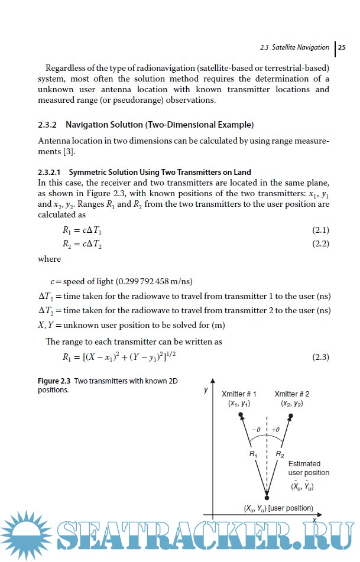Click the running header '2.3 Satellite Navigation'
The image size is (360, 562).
pos(294,47)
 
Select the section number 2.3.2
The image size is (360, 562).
pos(47,125)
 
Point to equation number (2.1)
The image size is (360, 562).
pos(320,229)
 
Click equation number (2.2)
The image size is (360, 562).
pos(320,243)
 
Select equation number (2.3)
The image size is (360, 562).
pos(320,357)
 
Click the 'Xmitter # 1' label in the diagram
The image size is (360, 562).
pos(239,394)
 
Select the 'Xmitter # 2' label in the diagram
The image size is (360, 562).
pos(292,394)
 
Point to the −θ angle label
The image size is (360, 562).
pos(256,430)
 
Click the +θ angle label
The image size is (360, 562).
pos(275,430)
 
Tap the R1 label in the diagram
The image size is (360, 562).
pos(252,454)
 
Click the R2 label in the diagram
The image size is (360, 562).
pos(280,454)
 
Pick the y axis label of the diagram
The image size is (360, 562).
pos(205,391)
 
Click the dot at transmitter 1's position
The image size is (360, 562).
pos(241,416)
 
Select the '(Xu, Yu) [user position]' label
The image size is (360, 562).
pos(278,508)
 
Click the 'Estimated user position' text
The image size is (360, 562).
pos(308,469)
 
